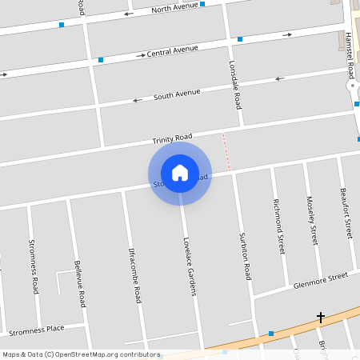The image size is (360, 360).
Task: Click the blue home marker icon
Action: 180,172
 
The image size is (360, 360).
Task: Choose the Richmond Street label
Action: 278,226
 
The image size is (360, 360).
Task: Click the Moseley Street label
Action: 313,219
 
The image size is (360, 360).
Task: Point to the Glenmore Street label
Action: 320,280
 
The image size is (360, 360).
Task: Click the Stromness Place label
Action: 36,330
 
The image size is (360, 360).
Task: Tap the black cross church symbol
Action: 321,318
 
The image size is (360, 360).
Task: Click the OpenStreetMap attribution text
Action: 81,354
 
